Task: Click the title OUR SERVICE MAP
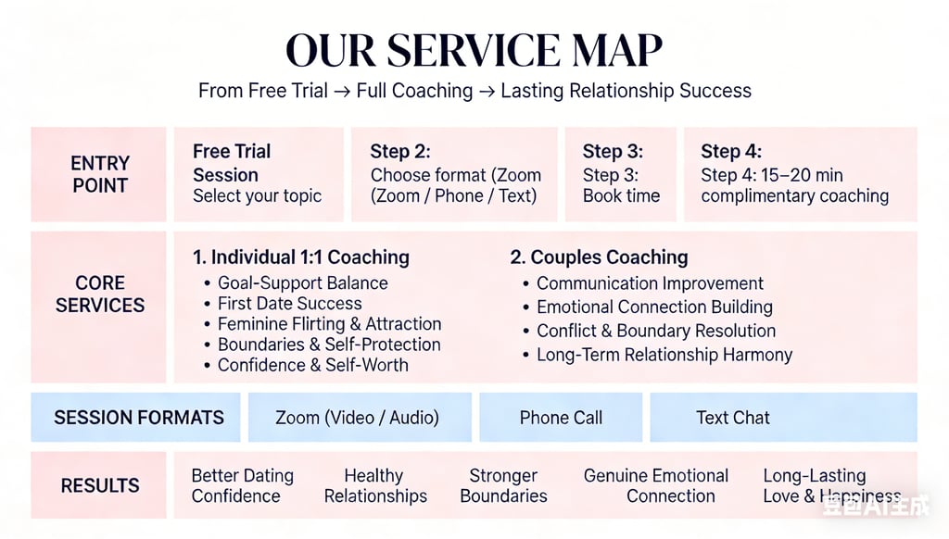click(474, 51)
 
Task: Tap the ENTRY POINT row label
click(99, 174)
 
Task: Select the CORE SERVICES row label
click(99, 294)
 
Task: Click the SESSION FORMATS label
click(138, 418)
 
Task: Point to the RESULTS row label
click(99, 485)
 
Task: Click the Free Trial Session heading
click(232, 162)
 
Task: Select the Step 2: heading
click(400, 152)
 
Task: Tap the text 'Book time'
click(621, 195)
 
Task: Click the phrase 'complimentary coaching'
click(794, 195)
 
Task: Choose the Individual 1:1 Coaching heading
click(301, 257)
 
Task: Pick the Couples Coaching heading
click(599, 257)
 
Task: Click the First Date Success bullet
click(289, 304)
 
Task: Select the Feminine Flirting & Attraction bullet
click(329, 324)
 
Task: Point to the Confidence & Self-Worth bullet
click(312, 365)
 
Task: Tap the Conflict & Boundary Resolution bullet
click(655, 331)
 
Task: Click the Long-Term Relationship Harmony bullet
click(664, 355)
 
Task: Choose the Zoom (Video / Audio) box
click(357, 418)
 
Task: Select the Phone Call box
click(561, 418)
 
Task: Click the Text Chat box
click(732, 418)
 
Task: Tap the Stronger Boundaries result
click(503, 485)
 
